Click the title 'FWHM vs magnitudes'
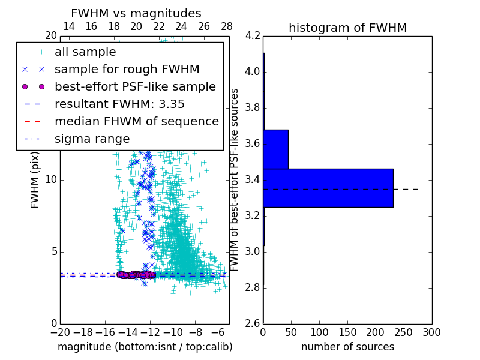(136, 13)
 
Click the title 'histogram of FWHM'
(347, 28)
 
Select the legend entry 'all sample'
(85, 52)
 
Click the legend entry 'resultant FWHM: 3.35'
(119, 104)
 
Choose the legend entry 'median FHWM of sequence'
(136, 121)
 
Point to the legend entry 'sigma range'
(92, 139)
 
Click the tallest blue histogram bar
(328, 188)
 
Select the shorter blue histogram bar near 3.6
(276, 149)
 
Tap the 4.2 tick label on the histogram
(253, 36)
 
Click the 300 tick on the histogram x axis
(432, 332)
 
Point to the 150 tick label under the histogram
(347, 332)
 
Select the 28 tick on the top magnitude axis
(227, 26)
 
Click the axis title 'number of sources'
(347, 347)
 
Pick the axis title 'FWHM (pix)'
(35, 180)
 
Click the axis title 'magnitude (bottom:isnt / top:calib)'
(145, 347)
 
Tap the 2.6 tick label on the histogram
(253, 323)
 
